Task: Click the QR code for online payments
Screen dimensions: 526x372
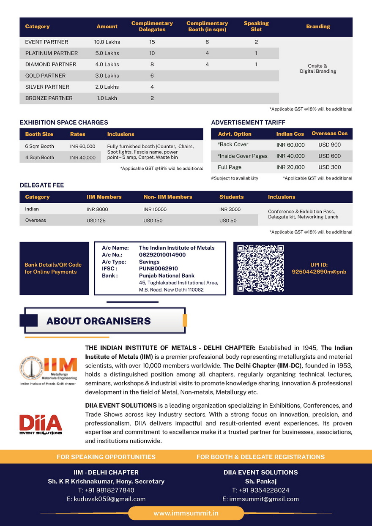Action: point(260,268)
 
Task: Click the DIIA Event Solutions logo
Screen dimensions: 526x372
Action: point(41,425)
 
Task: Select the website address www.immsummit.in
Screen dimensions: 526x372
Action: point(186,513)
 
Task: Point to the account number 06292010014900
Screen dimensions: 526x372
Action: point(162,255)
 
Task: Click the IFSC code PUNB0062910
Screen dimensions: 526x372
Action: point(159,268)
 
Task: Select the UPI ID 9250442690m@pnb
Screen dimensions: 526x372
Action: point(319,272)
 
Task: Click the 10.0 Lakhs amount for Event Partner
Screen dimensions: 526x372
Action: point(107,42)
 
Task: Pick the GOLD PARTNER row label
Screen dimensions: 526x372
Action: point(45,76)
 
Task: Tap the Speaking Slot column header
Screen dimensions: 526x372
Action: point(256,26)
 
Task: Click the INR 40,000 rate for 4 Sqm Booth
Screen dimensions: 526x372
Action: point(83,158)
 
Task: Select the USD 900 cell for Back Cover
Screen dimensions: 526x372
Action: point(329,144)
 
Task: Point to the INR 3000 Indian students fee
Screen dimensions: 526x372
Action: point(230,209)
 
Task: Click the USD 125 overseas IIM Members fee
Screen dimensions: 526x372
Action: point(96,221)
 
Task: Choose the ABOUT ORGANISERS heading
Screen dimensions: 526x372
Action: point(98,321)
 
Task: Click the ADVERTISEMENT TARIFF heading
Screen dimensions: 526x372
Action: point(248,123)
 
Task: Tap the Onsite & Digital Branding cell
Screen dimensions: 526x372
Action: point(318,68)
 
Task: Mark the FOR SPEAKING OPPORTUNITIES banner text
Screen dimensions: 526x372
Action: point(106,457)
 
